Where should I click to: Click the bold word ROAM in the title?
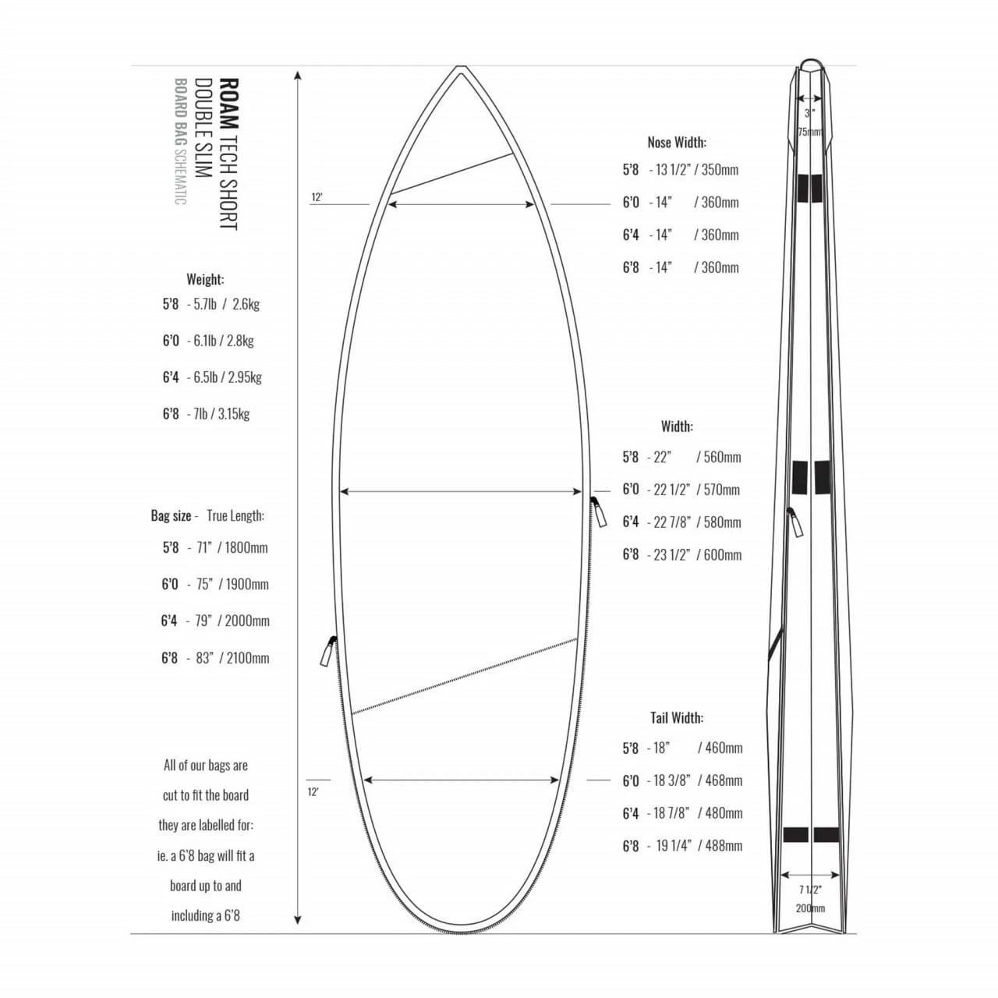(x=229, y=103)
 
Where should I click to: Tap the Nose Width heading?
(x=676, y=142)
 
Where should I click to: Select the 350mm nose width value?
(x=720, y=170)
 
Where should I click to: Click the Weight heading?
(x=205, y=279)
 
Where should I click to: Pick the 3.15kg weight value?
(x=234, y=414)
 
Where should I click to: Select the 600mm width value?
(x=722, y=555)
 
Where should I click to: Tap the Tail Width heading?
(x=676, y=717)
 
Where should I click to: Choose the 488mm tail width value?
(x=724, y=846)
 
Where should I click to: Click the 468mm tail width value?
(x=724, y=780)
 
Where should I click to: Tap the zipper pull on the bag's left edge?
(x=328, y=651)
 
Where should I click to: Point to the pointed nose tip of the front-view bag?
(x=461, y=68)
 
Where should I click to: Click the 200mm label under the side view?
(x=810, y=908)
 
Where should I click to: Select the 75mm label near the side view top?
(x=810, y=132)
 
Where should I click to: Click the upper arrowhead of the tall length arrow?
(x=298, y=75)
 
